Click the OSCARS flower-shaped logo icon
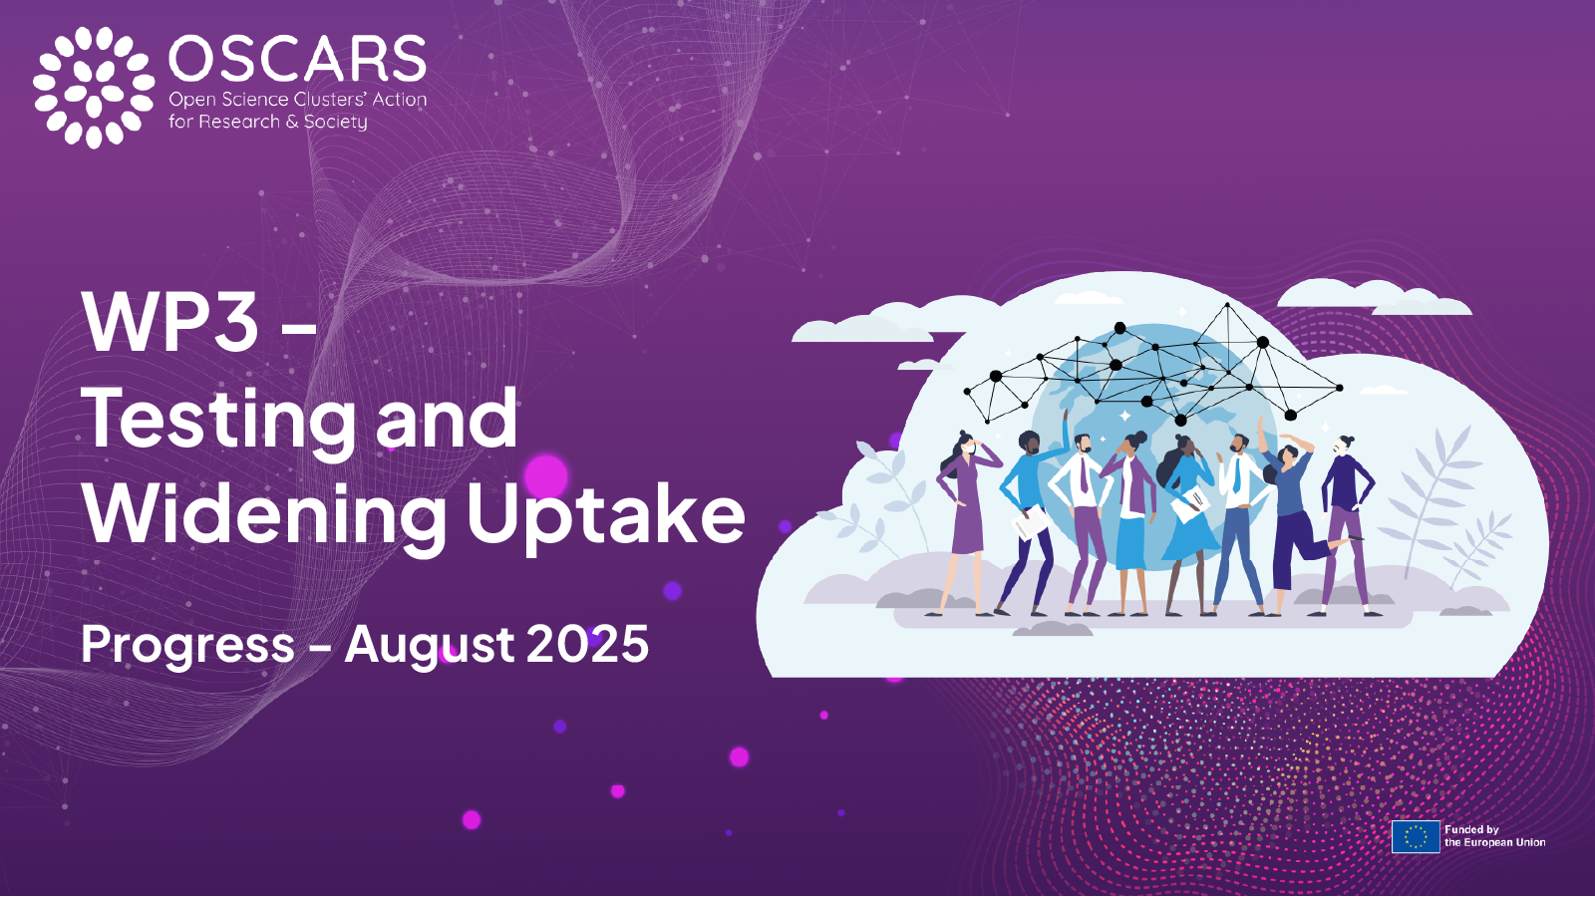[x=94, y=87]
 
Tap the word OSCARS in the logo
[x=297, y=60]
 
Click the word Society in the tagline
[x=336, y=122]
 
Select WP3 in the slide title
[x=170, y=322]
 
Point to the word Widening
[x=265, y=515]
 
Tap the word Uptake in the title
[x=605, y=515]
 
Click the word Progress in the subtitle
[x=187, y=645]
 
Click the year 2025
[x=587, y=644]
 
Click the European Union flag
[x=1416, y=836]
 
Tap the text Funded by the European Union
[x=1494, y=836]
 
